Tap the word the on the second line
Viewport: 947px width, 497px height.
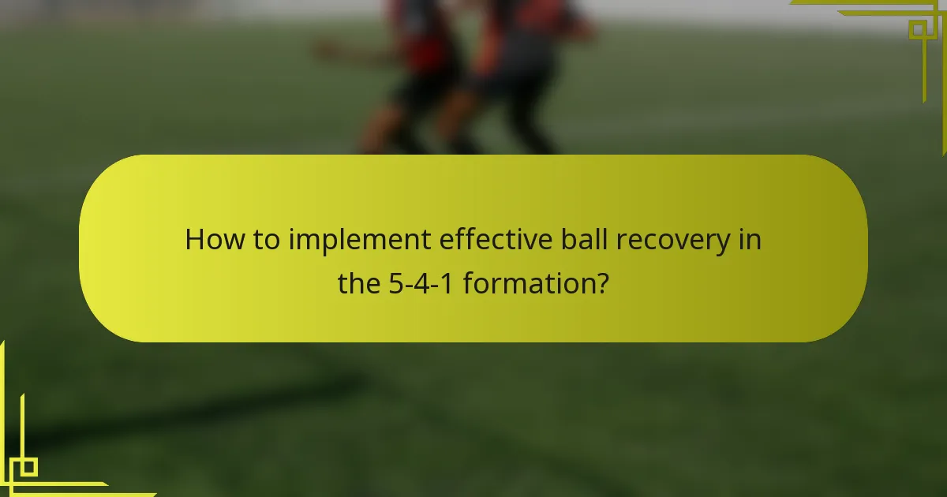pos(360,282)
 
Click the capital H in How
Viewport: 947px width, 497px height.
pos(194,240)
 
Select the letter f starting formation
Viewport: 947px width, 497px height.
pos(467,282)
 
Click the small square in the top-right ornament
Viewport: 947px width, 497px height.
pos(918,30)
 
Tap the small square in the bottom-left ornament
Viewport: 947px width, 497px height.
pos(28,467)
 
